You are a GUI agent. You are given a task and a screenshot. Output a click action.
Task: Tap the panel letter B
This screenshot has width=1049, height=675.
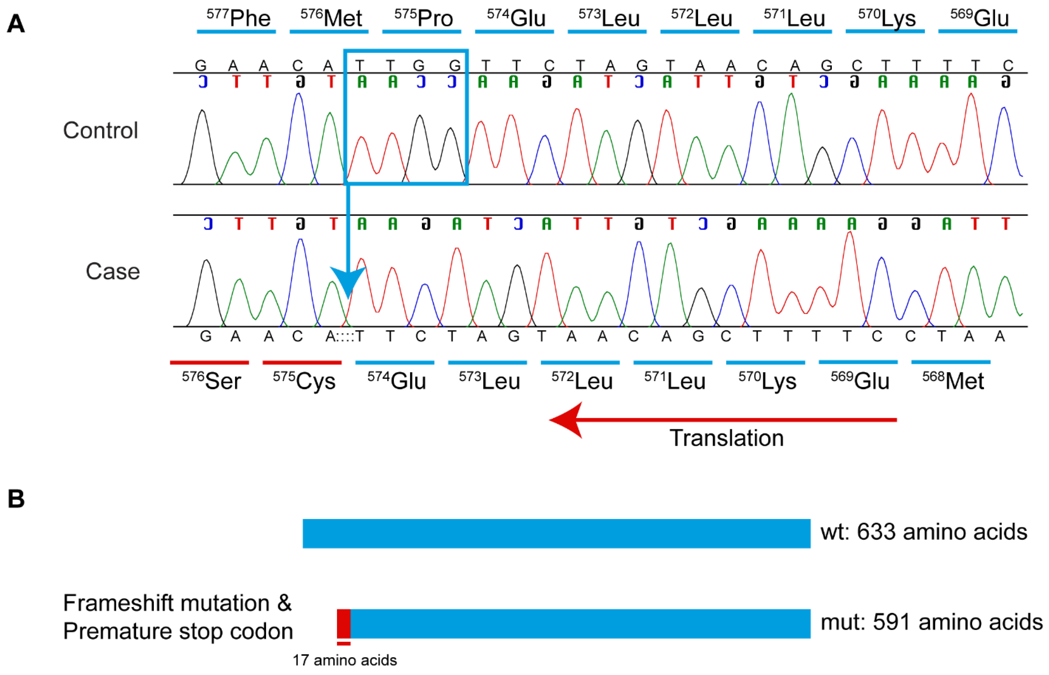point(16,499)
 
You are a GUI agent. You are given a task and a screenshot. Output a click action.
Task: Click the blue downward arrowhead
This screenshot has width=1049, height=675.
point(348,280)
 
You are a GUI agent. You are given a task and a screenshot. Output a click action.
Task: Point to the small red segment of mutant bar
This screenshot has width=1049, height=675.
point(344,623)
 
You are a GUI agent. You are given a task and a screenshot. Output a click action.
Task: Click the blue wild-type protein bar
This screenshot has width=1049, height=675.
point(556,533)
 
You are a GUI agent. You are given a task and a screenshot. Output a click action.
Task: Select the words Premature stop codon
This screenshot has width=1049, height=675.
point(178,631)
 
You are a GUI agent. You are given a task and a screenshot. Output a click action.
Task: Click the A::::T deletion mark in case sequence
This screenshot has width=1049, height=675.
point(344,336)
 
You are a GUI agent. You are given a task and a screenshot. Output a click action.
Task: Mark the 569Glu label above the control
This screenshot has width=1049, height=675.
point(979,18)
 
